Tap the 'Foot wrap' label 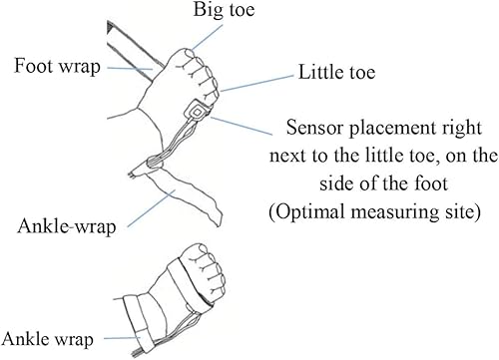click(x=56, y=68)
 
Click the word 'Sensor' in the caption click(x=314, y=129)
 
